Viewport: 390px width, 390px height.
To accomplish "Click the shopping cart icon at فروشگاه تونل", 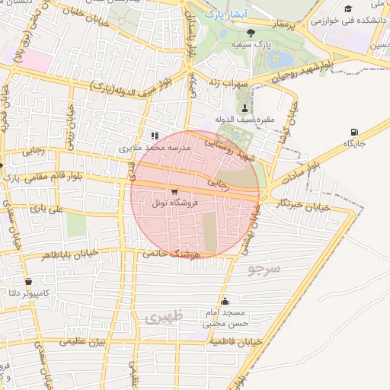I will click(x=175, y=192).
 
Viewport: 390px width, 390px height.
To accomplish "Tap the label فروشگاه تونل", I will click(x=174, y=203).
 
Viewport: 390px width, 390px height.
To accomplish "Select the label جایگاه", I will click(x=355, y=143).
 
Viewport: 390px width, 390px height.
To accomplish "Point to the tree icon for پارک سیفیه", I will click(x=251, y=32).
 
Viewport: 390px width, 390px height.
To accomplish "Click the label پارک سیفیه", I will click(x=251, y=44).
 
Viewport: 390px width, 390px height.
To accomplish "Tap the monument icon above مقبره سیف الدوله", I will click(x=244, y=107).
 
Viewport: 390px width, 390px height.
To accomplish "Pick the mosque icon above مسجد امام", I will click(x=224, y=301).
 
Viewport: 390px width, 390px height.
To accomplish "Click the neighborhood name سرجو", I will click(x=264, y=269).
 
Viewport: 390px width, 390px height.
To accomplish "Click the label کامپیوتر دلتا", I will click(x=46, y=293).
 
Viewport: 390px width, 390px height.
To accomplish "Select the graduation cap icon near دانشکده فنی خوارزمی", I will click(x=349, y=9).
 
